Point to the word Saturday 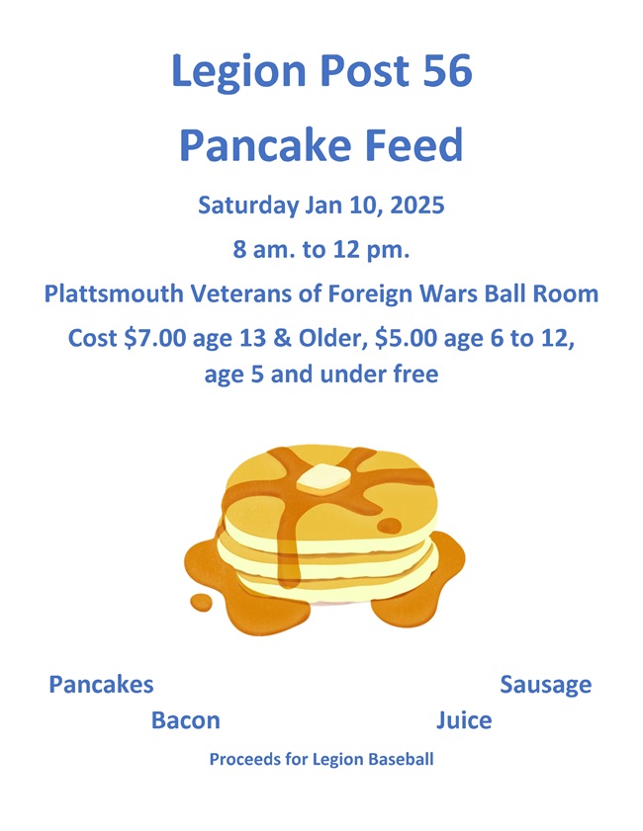pos(246,207)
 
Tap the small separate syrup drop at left pos(202,601)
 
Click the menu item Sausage pos(545,684)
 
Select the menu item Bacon pos(186,720)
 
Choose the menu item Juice pos(463,720)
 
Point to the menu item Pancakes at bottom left pos(101,684)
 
